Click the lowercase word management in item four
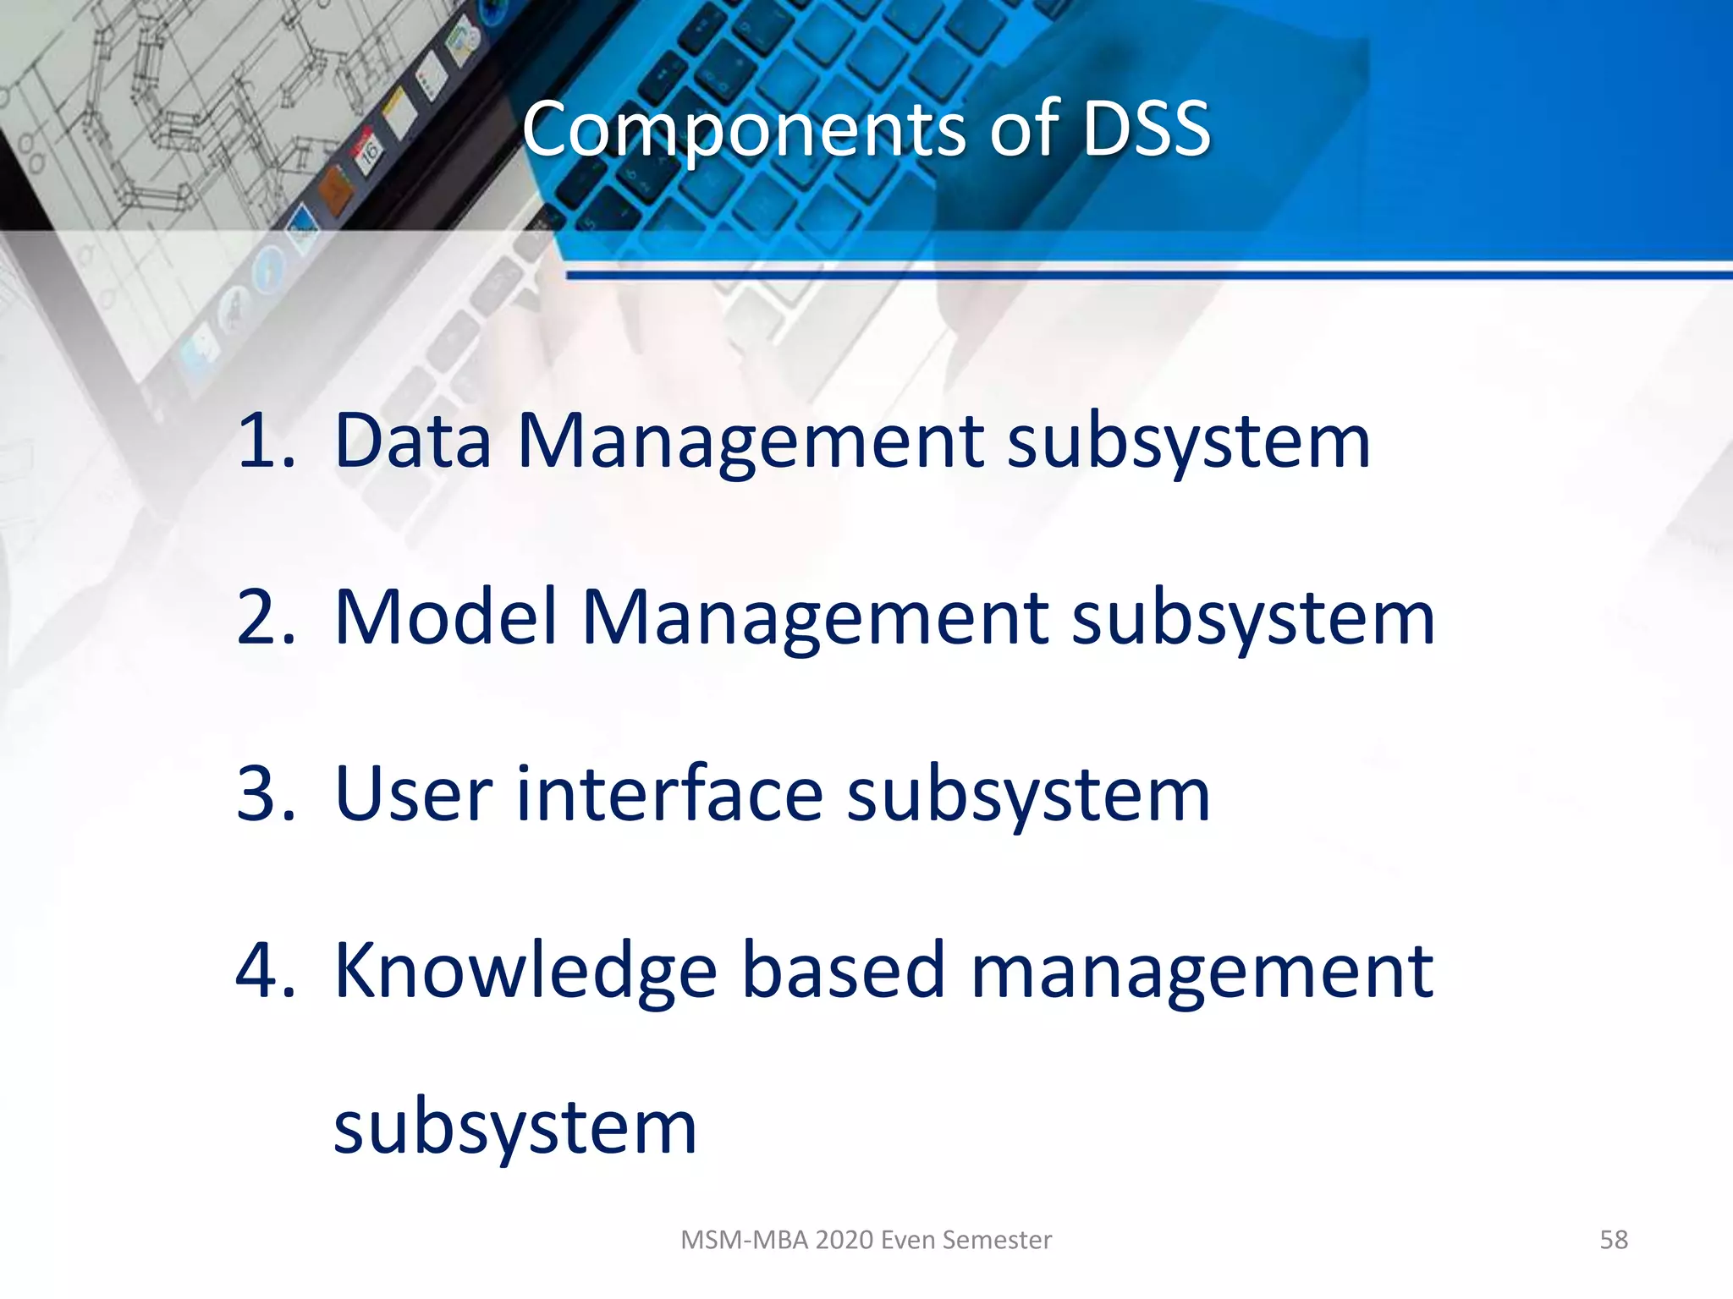pos(1202,973)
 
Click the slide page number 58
pos(1613,1240)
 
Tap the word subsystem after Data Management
pos(1188,441)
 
